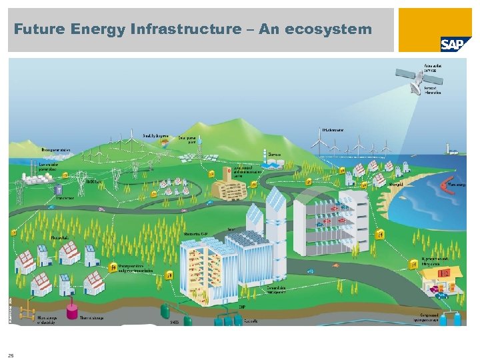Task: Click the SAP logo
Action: click(452, 43)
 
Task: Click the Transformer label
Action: click(65, 198)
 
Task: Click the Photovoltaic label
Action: click(60, 237)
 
